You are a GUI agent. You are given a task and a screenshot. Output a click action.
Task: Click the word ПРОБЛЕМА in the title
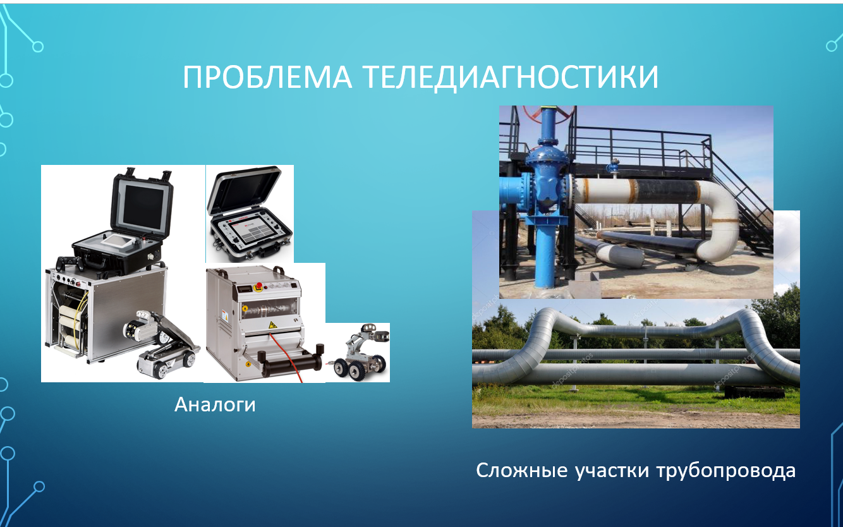[x=267, y=77]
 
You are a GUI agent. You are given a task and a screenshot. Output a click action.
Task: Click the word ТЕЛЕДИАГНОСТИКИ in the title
[x=512, y=78]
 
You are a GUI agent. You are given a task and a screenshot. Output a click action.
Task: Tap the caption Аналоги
[x=215, y=404]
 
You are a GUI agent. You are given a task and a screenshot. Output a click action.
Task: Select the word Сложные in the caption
[x=521, y=470]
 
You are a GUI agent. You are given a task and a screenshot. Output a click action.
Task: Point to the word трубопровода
[x=726, y=471]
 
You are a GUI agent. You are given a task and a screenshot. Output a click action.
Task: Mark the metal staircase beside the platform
[x=737, y=200]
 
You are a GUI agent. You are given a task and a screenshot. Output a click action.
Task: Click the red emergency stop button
[x=259, y=286]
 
